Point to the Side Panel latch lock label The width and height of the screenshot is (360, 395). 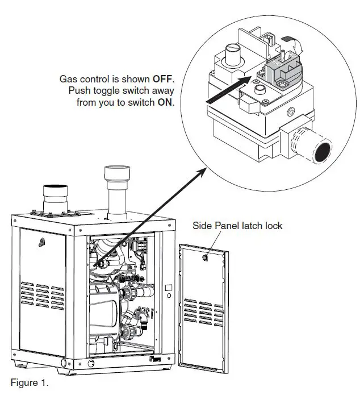[238, 226]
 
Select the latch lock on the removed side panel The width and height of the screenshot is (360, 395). [204, 257]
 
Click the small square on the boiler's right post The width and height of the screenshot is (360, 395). [169, 288]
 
